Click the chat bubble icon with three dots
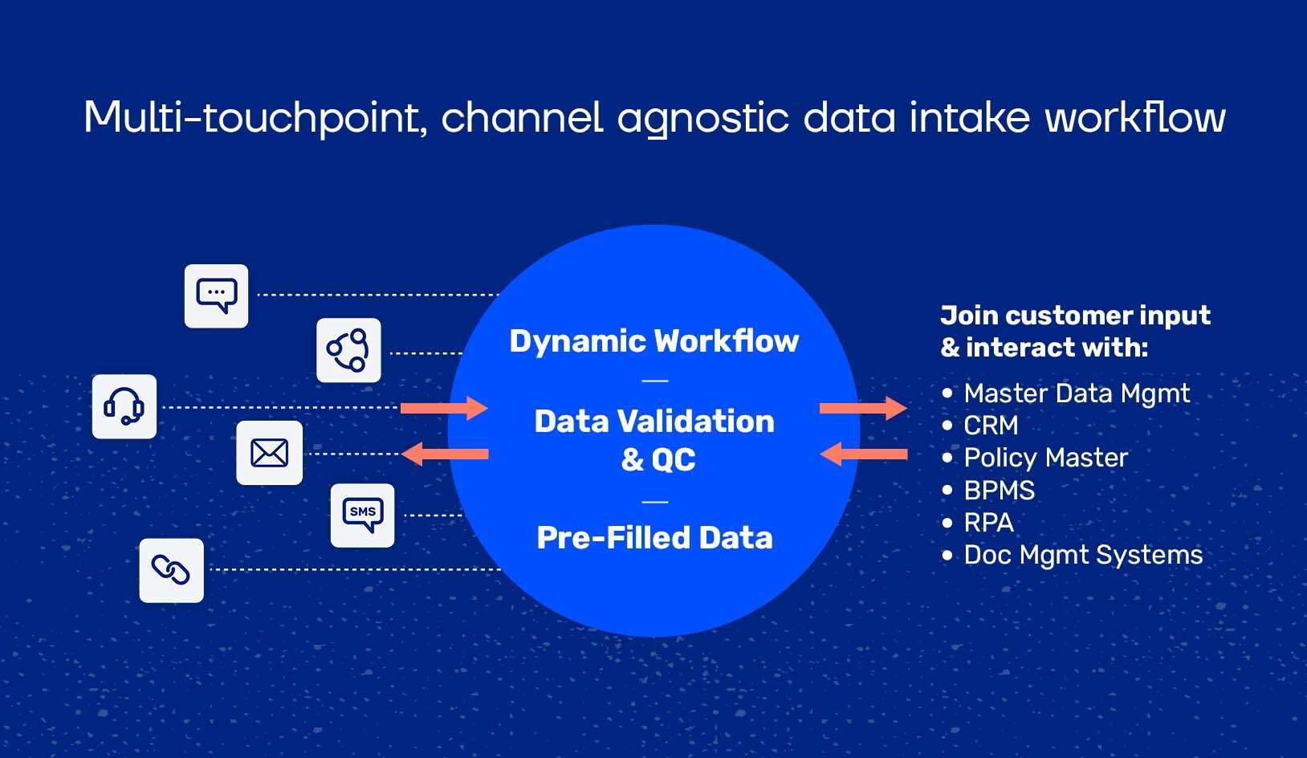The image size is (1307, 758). (216, 295)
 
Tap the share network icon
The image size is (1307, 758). (348, 350)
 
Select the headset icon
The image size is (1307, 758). (124, 406)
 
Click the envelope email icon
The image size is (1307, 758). (269, 453)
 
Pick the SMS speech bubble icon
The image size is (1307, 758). (362, 515)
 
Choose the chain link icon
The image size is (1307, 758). (171, 570)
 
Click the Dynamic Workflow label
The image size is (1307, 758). (654, 341)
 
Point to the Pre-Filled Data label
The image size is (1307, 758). (654, 538)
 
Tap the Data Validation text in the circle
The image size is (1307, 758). (654, 422)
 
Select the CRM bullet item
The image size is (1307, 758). (991, 425)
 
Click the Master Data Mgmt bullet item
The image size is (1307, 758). (1077, 393)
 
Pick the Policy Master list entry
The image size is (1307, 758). (1045, 458)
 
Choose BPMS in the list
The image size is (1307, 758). (999, 490)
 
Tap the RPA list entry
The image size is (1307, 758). (988, 522)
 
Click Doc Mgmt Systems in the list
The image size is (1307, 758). (1083, 555)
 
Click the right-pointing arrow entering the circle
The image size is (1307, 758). (444, 408)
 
